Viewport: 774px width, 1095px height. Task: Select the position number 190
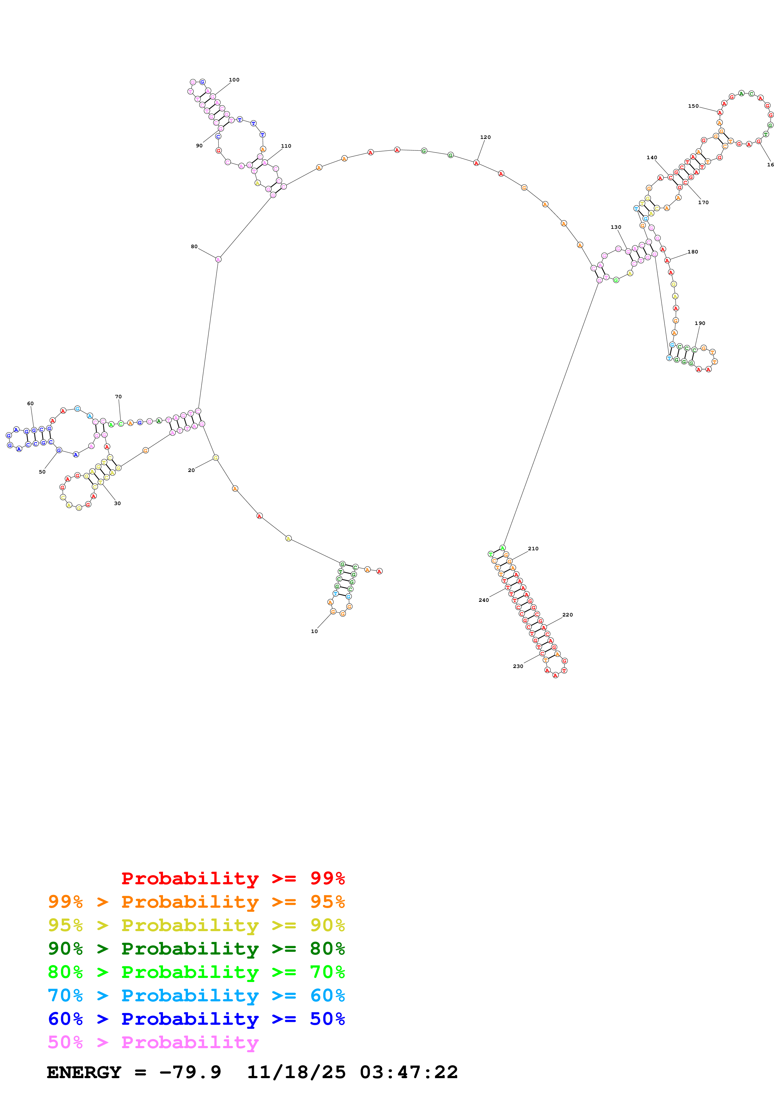[700, 323]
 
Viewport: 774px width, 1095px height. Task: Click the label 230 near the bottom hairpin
[518, 666]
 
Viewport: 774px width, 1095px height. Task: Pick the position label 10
[314, 631]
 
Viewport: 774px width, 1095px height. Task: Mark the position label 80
[194, 247]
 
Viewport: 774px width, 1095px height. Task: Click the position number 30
[117, 503]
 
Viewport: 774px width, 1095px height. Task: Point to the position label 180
[693, 252]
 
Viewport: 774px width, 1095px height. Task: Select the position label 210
[533, 549]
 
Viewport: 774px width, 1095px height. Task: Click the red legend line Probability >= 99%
[233, 878]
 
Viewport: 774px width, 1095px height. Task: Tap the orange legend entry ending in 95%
[196, 902]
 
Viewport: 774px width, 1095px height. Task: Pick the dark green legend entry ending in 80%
[196, 949]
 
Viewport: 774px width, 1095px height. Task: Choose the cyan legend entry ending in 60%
[196, 995]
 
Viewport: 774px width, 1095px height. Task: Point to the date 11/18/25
[296, 1073]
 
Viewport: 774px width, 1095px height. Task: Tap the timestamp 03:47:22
[409, 1073]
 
